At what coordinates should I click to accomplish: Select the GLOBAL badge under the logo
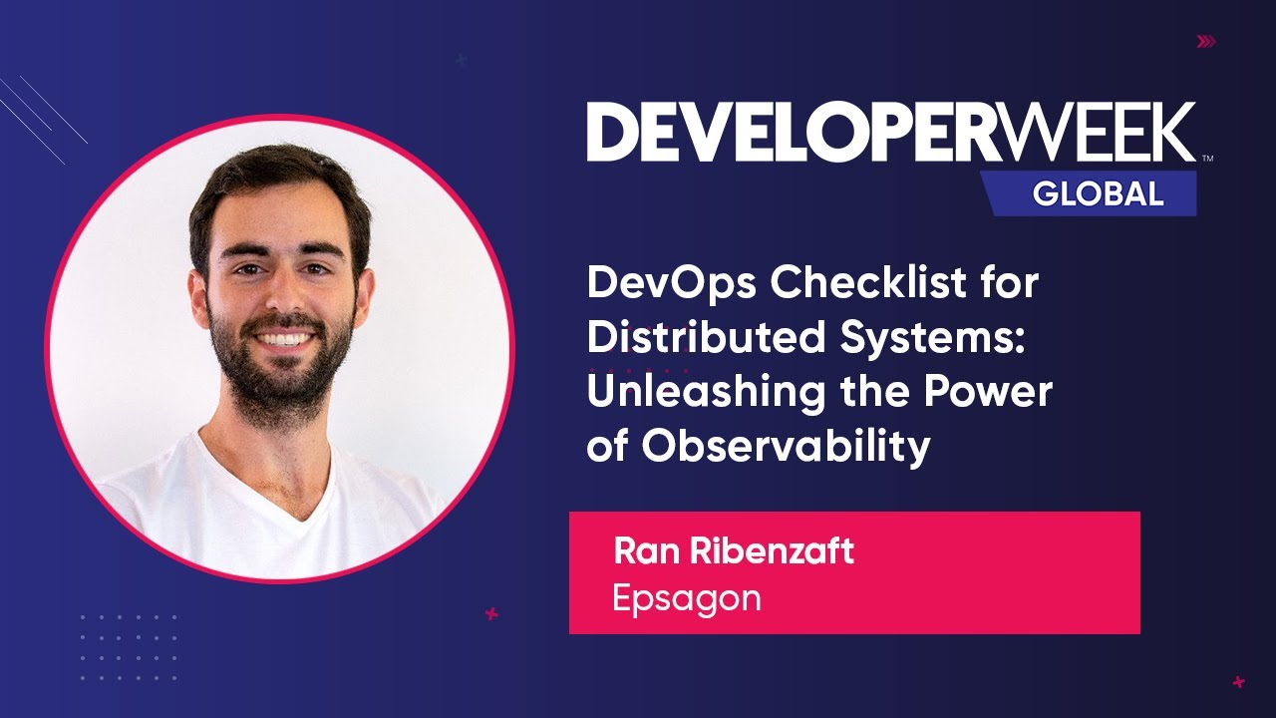click(1097, 192)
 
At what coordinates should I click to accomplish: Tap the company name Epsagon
click(686, 598)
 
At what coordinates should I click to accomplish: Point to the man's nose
click(281, 299)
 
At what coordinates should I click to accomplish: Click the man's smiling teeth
click(284, 339)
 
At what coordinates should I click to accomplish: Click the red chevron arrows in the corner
click(1206, 42)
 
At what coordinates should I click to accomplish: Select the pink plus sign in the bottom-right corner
click(1238, 682)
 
